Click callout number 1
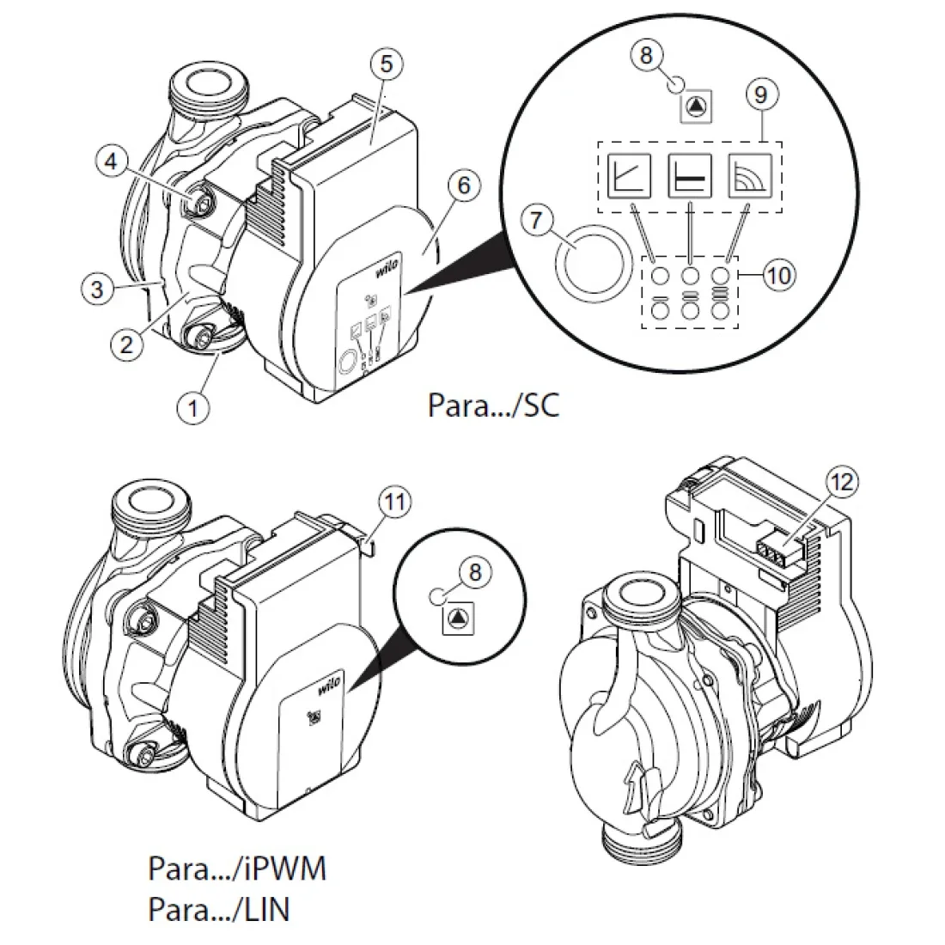pyautogui.click(x=192, y=408)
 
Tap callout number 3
pyautogui.click(x=97, y=289)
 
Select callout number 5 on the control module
pyautogui.click(x=387, y=64)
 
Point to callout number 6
pyautogui.click(x=463, y=185)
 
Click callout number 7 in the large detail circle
pyautogui.click(x=536, y=220)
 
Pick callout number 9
pyautogui.click(x=760, y=94)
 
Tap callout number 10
pyautogui.click(x=778, y=276)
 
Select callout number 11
pyautogui.click(x=395, y=502)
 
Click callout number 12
pyautogui.click(x=842, y=482)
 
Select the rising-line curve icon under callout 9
pyautogui.click(x=629, y=175)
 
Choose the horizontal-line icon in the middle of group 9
pyautogui.click(x=690, y=175)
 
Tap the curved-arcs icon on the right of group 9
pyautogui.click(x=750, y=175)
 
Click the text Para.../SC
pyautogui.click(x=494, y=405)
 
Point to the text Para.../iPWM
pyautogui.click(x=237, y=869)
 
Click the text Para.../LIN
pyautogui.click(x=219, y=910)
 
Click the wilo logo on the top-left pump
pyautogui.click(x=389, y=265)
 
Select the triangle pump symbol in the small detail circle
pyautogui.click(x=459, y=618)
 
